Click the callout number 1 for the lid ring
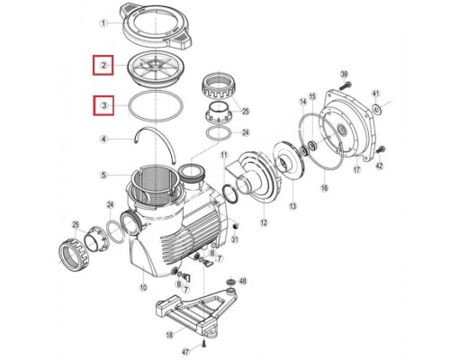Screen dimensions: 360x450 point(103,23)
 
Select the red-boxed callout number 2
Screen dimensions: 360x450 point(103,65)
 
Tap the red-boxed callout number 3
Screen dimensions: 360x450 point(103,105)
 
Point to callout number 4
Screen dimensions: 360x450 point(103,139)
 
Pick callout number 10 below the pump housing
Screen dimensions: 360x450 point(142,287)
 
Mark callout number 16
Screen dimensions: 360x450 point(325,190)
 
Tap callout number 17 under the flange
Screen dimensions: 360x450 point(355,169)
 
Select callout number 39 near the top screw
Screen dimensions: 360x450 point(343,72)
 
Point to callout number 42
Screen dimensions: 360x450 point(380,166)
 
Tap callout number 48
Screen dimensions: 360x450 point(243,282)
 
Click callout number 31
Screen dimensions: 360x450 point(236,238)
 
